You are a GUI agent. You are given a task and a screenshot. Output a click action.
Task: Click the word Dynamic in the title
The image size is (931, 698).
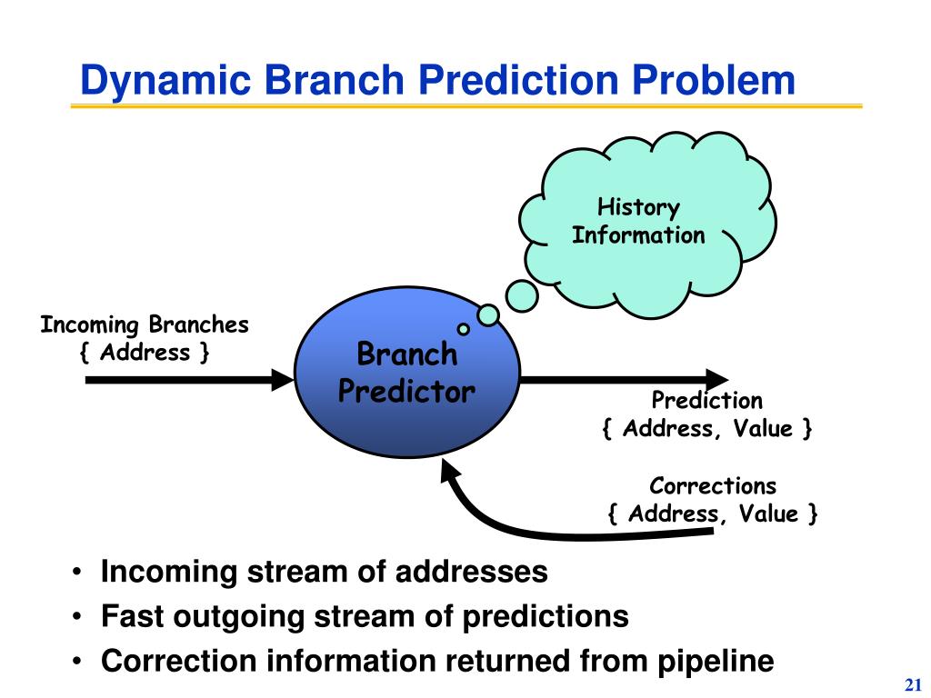coord(165,81)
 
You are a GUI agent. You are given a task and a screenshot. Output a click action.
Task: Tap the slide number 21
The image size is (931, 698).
coord(913,684)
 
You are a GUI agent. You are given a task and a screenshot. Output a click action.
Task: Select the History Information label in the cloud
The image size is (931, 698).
coord(638,222)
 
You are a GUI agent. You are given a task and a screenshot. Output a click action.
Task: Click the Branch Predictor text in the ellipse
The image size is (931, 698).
coord(406,373)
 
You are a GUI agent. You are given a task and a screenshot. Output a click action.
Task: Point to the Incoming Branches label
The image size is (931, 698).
coord(145,324)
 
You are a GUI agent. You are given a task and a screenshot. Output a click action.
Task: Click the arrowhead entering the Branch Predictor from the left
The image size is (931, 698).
coord(282,380)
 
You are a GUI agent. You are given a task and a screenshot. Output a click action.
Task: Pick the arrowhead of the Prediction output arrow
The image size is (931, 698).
coord(716,380)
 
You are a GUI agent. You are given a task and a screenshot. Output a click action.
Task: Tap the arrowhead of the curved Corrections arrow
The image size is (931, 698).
coord(450,472)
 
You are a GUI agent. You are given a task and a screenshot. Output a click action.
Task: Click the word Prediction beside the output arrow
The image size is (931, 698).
coord(706,400)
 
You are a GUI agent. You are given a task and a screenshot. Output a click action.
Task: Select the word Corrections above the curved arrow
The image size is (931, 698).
coord(713,485)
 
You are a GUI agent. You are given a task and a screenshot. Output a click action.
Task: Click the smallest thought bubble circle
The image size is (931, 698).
coord(463,329)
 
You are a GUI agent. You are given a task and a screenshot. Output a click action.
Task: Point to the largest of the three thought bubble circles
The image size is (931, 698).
coord(522,295)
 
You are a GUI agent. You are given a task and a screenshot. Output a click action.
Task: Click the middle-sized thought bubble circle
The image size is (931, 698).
coord(488,315)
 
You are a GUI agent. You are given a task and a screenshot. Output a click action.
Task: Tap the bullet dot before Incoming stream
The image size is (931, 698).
coord(76,573)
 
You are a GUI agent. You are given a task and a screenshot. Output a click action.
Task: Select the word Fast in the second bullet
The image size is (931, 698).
coord(132,615)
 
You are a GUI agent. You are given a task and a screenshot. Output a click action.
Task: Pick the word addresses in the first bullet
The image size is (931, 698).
coord(472,572)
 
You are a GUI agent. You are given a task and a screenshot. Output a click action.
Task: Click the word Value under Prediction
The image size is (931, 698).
coord(763,429)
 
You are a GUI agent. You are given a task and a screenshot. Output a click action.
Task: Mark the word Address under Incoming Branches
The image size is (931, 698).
coord(145,353)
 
